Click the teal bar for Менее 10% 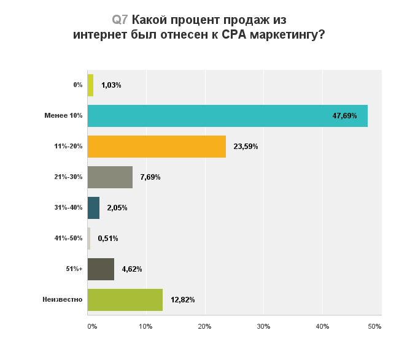[x=228, y=116]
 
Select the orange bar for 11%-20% [x=157, y=147]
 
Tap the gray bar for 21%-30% [x=110, y=177]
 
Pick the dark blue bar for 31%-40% [x=94, y=208]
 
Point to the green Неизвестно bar [x=125, y=300]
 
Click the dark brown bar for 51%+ [x=101, y=269]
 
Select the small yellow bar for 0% [x=91, y=85]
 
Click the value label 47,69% [x=344, y=116]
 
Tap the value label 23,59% [x=246, y=147]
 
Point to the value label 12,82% [x=183, y=300]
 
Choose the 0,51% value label [x=108, y=239]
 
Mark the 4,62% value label [x=132, y=269]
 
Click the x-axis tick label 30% [x=263, y=326]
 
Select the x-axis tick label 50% [x=374, y=326]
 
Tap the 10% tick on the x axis [x=146, y=326]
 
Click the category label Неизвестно [x=63, y=299]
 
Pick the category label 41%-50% [x=68, y=238]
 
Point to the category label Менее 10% [x=63, y=115]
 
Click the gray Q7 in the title [x=120, y=20]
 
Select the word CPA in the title [x=234, y=34]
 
